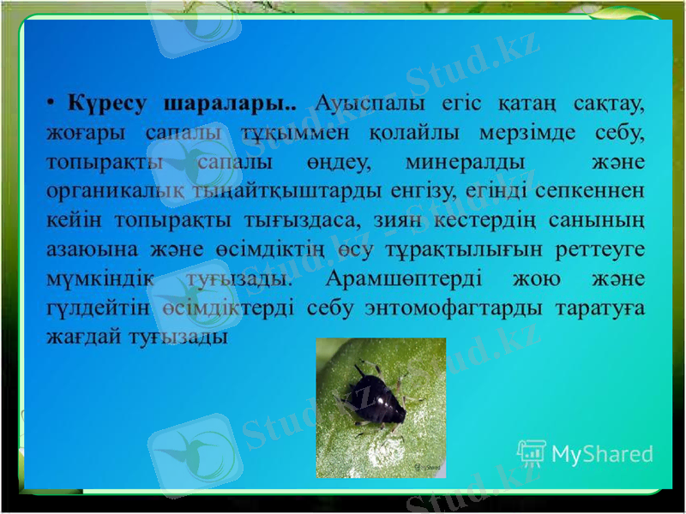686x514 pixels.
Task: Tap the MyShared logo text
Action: [x=601, y=454]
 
